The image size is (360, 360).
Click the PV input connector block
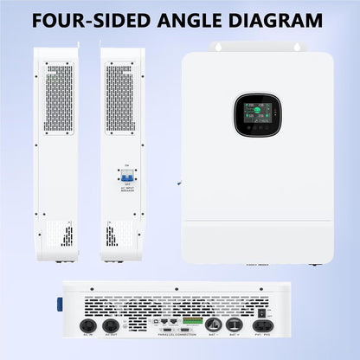tap(267, 325)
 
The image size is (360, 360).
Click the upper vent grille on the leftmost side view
tap(58, 97)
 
